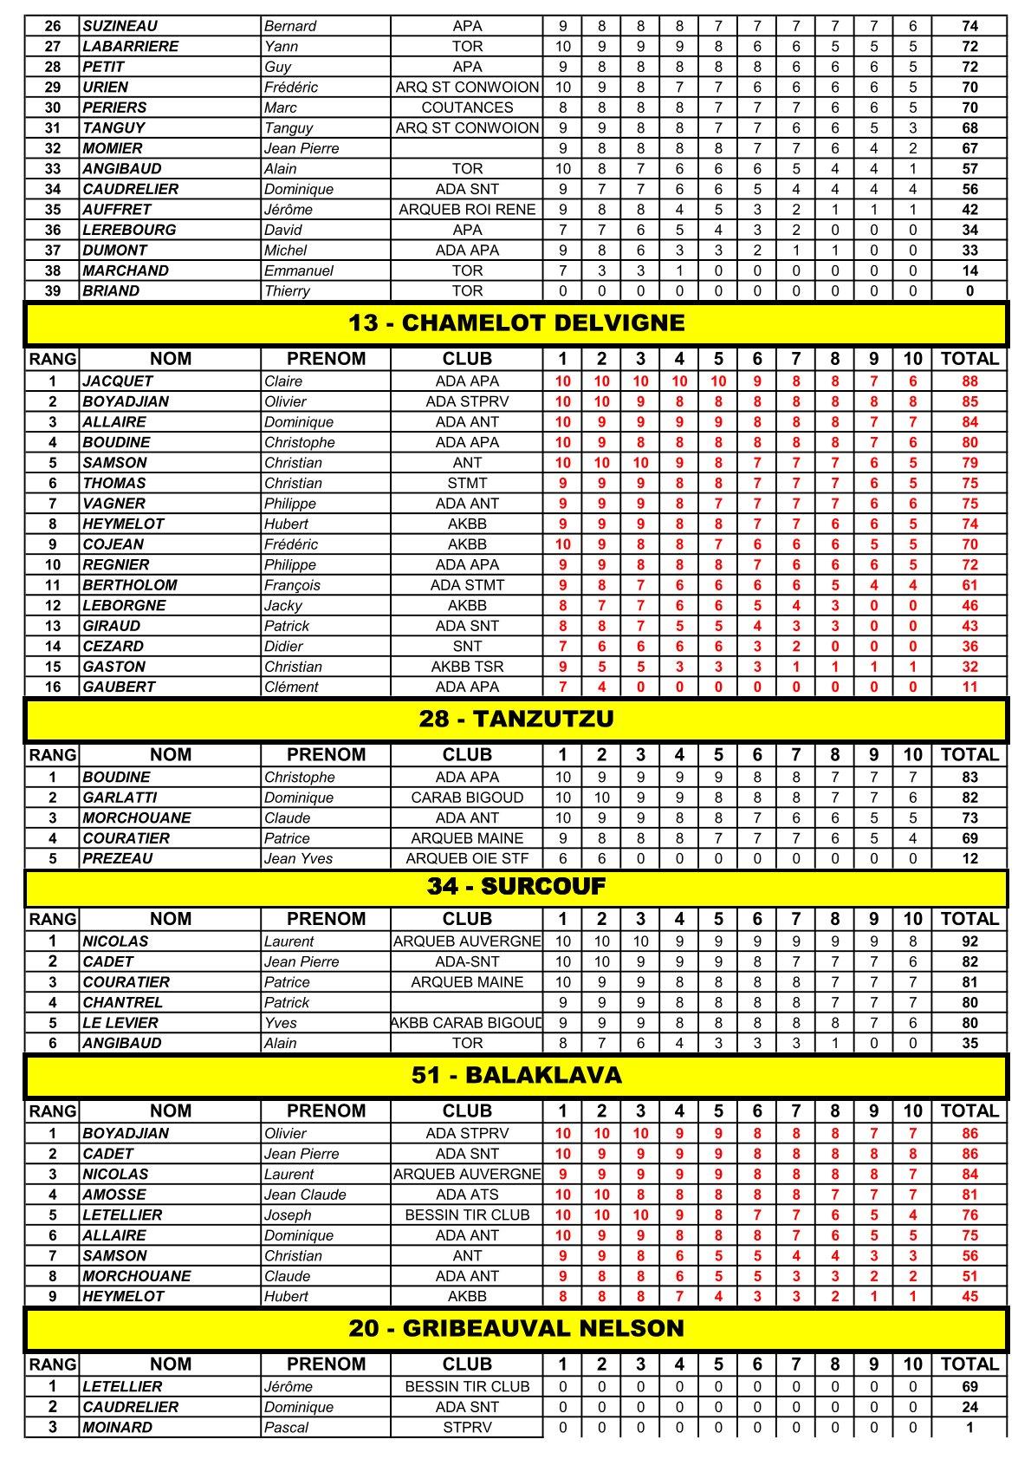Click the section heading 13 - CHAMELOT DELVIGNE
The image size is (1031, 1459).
tap(516, 323)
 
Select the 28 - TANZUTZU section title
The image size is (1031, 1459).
tap(516, 719)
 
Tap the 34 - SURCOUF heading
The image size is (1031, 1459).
tap(516, 886)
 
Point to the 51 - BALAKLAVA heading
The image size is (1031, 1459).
tap(516, 1075)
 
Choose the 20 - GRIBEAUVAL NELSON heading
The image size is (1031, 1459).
tap(516, 1328)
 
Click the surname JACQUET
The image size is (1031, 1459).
tap(118, 381)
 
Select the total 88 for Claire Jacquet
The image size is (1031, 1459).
tap(969, 381)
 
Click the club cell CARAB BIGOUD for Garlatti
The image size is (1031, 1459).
tap(467, 798)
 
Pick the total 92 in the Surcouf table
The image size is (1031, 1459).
tap(969, 941)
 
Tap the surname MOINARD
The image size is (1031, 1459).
tap(118, 1427)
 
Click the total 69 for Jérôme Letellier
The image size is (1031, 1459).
tap(969, 1386)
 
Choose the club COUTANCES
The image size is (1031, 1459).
tap(467, 107)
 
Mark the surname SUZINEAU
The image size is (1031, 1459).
tap(120, 26)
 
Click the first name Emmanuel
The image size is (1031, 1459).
tap(299, 270)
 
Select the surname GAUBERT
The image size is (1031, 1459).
tap(119, 687)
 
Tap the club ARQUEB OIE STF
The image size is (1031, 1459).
tap(467, 858)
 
